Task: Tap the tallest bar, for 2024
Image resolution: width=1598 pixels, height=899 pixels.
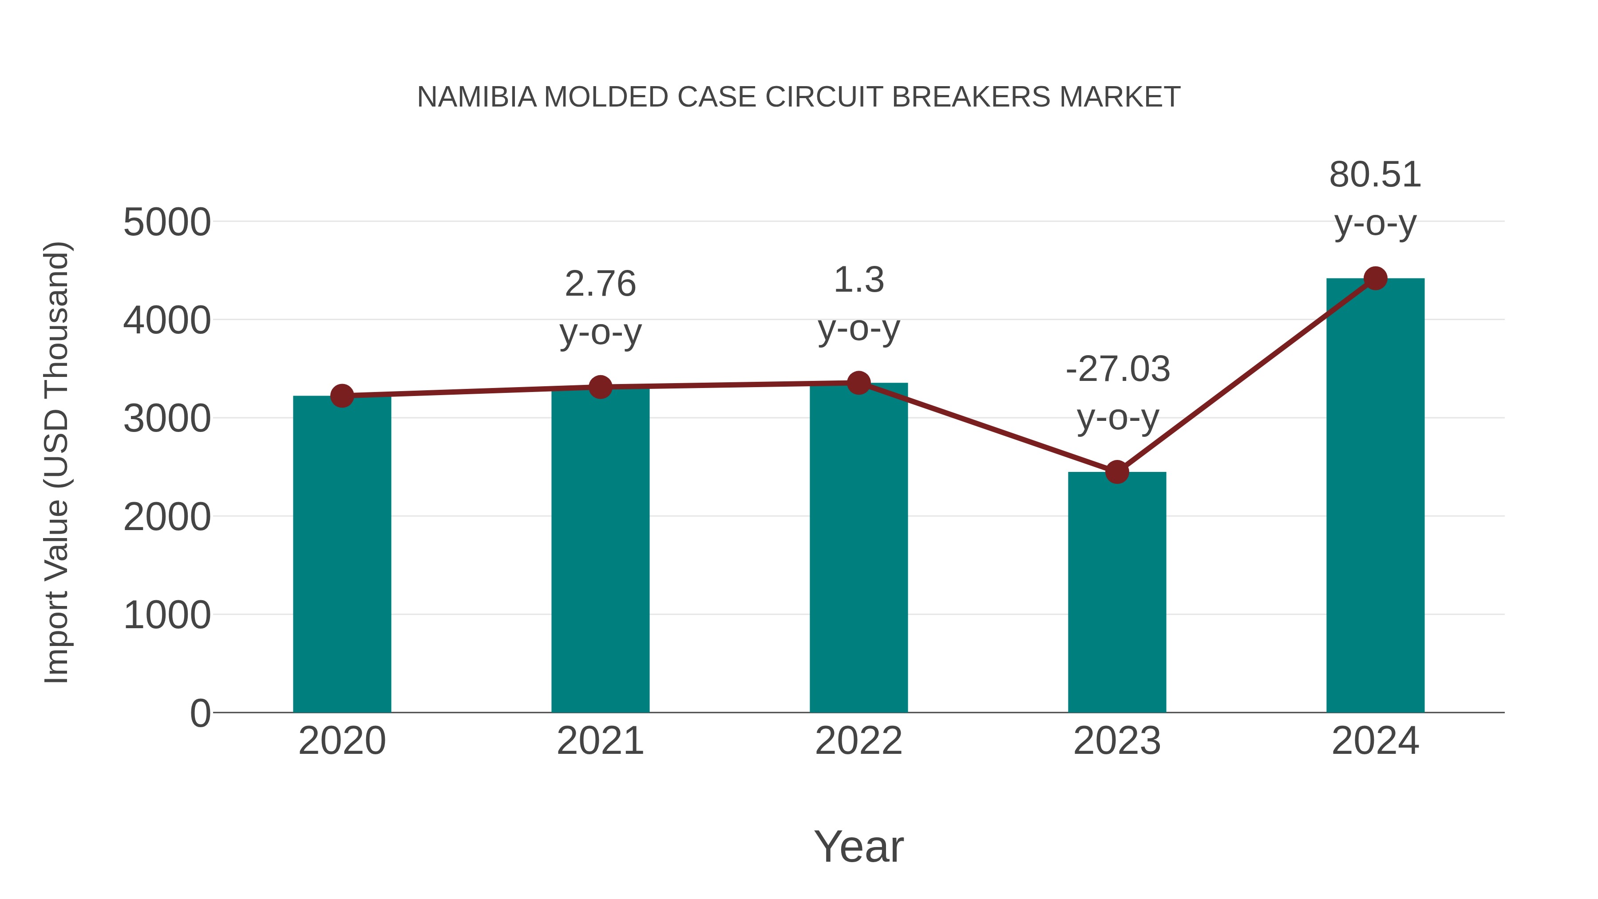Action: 1375,496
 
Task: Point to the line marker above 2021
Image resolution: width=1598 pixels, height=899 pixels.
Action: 600,387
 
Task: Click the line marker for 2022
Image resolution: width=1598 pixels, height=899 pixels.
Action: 858,383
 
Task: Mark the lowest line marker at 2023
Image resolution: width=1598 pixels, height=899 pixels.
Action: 1117,472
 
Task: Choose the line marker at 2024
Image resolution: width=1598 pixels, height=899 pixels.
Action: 1375,278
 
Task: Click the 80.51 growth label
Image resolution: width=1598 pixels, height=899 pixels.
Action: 1375,175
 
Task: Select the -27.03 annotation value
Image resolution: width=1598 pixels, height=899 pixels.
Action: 1117,369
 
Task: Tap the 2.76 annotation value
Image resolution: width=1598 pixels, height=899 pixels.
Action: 600,284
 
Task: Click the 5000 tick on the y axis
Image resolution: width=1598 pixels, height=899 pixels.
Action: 167,223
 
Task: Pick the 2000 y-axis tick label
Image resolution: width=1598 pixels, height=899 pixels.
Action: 167,518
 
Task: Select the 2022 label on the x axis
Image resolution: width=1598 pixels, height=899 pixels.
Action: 858,741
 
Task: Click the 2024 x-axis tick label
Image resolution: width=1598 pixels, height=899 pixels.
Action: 1375,741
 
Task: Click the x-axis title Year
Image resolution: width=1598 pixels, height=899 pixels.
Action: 858,847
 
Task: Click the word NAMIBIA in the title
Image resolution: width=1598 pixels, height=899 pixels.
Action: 476,97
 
